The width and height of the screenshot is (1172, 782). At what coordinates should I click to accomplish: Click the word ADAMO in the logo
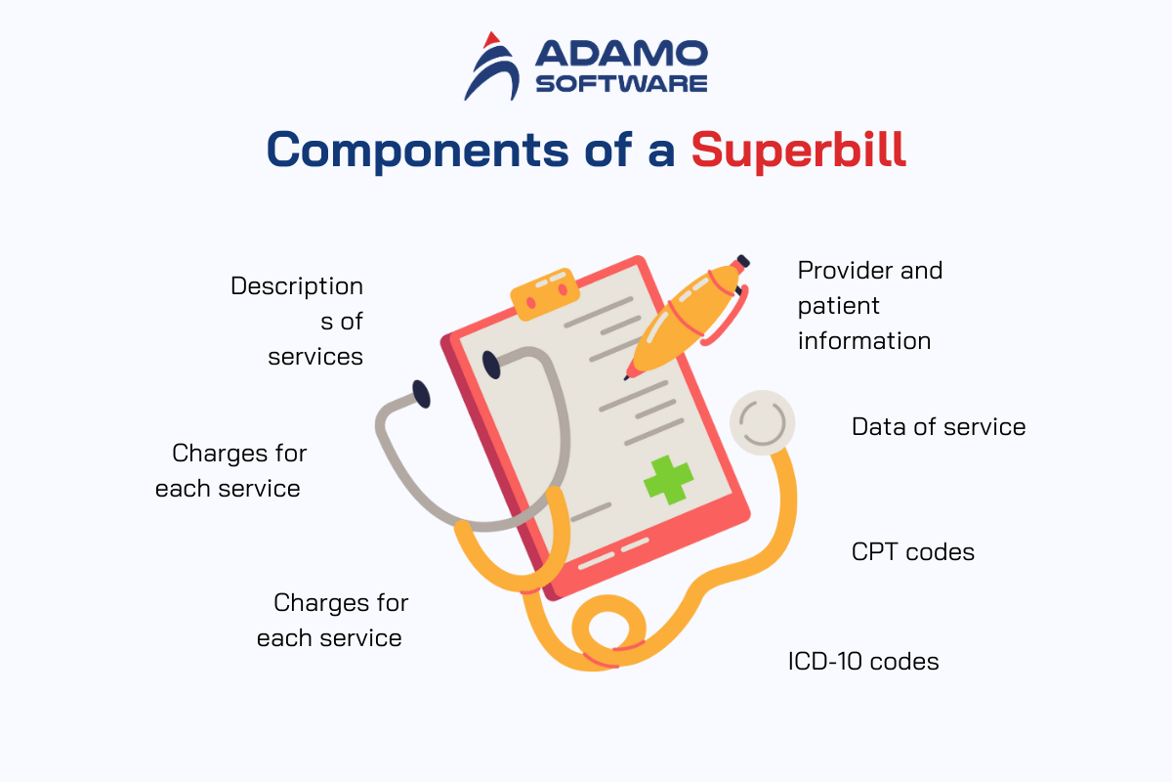tap(621, 53)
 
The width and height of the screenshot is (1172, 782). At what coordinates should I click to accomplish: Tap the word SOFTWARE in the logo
tap(621, 84)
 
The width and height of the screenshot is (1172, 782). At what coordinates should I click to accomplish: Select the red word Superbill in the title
tap(799, 151)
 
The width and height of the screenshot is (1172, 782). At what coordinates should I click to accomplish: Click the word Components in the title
tap(418, 152)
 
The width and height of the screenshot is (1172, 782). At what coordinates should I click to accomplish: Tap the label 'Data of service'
tap(939, 427)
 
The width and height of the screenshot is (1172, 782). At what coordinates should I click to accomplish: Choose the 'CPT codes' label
tap(913, 552)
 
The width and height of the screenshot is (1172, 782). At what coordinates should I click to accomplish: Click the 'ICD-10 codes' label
tap(863, 662)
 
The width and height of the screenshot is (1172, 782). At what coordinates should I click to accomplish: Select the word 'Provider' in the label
tap(845, 271)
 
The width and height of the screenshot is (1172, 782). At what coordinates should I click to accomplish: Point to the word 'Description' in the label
tap(297, 287)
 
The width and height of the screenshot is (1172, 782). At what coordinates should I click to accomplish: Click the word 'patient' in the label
tap(839, 307)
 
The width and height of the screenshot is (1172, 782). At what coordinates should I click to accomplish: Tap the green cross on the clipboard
tap(668, 480)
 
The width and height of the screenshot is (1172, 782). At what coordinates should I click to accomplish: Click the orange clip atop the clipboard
tap(545, 294)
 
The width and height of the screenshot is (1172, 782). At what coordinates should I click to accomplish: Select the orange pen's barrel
tap(686, 321)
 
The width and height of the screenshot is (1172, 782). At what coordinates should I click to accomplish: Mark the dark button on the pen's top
tap(743, 261)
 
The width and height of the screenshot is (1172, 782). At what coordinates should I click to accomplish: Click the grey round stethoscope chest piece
tap(763, 422)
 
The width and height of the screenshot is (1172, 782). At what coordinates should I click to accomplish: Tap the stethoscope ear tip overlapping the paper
tap(491, 365)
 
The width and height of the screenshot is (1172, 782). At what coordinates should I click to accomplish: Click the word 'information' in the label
tap(864, 341)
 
